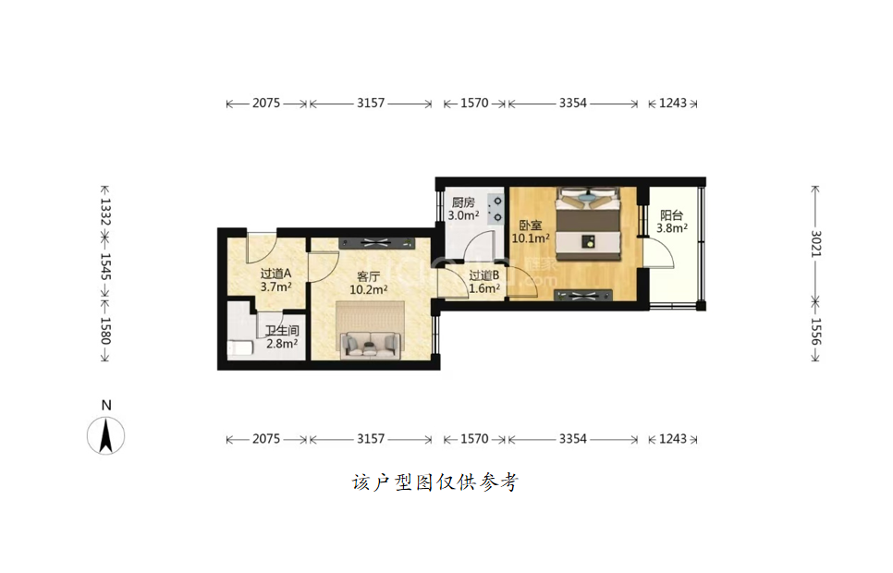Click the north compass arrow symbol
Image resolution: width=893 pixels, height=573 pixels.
pos(106,435)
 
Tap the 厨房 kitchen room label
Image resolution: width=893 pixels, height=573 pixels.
pos(463,202)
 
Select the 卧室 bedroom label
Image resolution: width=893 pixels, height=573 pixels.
pos(531,226)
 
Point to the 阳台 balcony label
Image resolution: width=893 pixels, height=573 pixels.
pos(671,215)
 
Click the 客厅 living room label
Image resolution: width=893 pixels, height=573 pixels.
pos(368,277)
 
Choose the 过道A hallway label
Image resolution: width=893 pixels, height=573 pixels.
pos(275,274)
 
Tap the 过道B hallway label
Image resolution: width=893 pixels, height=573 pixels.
pos(484,275)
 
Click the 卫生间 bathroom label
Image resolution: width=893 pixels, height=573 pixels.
pos(283,331)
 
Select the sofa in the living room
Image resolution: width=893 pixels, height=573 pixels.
pos(370,345)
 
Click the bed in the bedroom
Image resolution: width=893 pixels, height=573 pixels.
pos(588,224)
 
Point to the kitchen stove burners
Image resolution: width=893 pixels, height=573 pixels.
pos(496,209)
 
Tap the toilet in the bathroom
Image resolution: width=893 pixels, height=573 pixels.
pos(240,347)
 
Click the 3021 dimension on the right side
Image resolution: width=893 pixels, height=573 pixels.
pos(815,243)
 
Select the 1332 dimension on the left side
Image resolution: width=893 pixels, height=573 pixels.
pos(105,212)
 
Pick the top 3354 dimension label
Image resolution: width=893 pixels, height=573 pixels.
pos(572,104)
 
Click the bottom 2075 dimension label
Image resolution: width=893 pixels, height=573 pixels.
pos(266,439)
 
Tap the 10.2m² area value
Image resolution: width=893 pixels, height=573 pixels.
pos(369,290)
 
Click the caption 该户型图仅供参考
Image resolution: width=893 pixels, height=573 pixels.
pos(435,482)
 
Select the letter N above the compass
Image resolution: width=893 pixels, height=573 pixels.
pos(106,406)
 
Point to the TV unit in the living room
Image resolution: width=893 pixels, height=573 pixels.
pos(376,243)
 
